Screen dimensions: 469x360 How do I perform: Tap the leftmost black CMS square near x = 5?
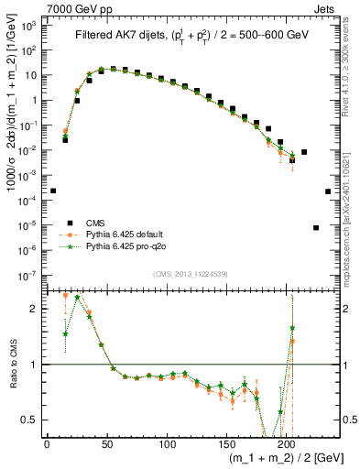(x=53, y=191)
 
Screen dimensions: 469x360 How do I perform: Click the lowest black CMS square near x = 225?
(x=316, y=227)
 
